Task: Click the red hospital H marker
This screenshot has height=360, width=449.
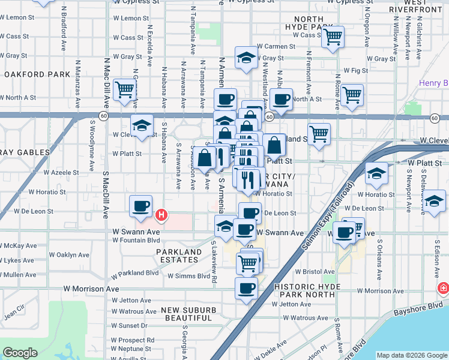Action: [161, 214]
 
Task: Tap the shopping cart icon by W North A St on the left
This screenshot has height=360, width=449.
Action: [124, 90]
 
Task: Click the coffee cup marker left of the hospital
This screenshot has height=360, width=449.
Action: [140, 206]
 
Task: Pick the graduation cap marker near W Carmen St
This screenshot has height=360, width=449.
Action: [246, 58]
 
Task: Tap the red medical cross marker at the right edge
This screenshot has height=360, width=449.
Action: [444, 289]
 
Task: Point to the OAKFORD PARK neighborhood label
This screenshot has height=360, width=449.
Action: [37, 74]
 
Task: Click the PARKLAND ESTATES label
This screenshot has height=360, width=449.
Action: [179, 256]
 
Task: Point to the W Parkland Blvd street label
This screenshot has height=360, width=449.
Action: [134, 272]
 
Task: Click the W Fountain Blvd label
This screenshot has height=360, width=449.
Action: [137, 240]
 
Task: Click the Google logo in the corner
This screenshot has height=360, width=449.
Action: [20, 353]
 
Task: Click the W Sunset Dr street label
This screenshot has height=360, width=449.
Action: [130, 325]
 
